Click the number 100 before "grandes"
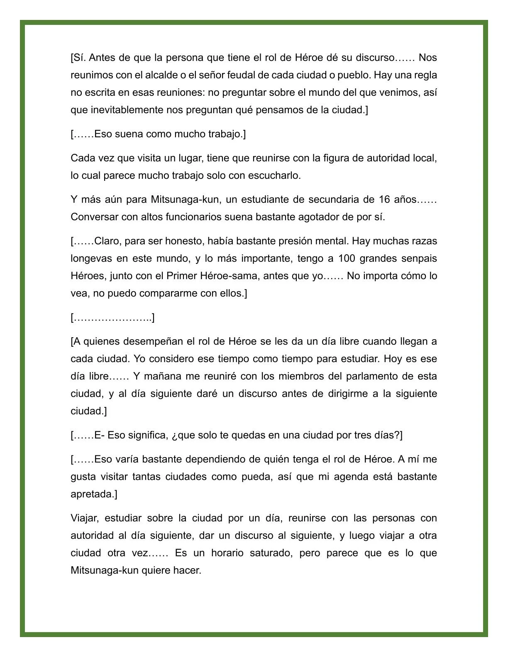tap(347, 258)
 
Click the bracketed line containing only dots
tap(113, 317)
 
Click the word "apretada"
tap(93, 494)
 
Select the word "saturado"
tap(271, 553)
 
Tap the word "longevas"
tap(91, 258)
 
